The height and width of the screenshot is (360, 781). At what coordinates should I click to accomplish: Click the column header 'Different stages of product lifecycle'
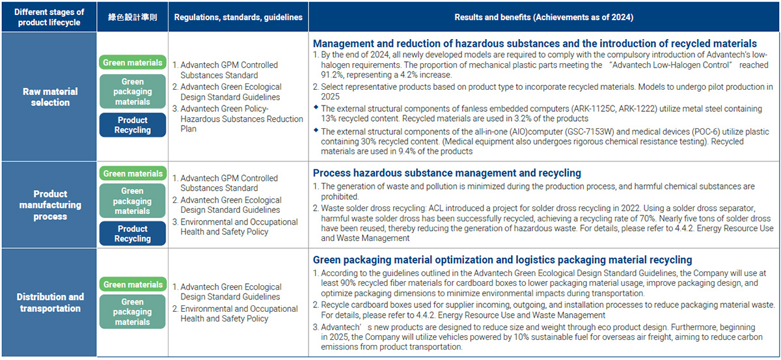click(x=49, y=17)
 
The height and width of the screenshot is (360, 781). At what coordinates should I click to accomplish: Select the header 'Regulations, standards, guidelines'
click(x=238, y=17)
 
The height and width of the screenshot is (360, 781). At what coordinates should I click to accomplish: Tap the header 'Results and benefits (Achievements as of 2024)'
click(x=543, y=17)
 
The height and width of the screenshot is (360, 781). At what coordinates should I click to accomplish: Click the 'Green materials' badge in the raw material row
click(x=133, y=62)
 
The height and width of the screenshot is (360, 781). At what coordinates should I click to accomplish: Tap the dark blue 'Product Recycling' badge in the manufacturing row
click(x=133, y=234)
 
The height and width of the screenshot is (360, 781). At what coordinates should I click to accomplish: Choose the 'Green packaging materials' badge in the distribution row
click(x=133, y=312)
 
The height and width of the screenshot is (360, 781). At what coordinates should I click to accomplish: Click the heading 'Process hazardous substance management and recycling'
click(x=446, y=173)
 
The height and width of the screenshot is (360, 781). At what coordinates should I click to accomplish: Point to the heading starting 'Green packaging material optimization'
click(x=502, y=260)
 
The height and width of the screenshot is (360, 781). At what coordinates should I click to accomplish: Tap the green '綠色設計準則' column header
click(x=132, y=17)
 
